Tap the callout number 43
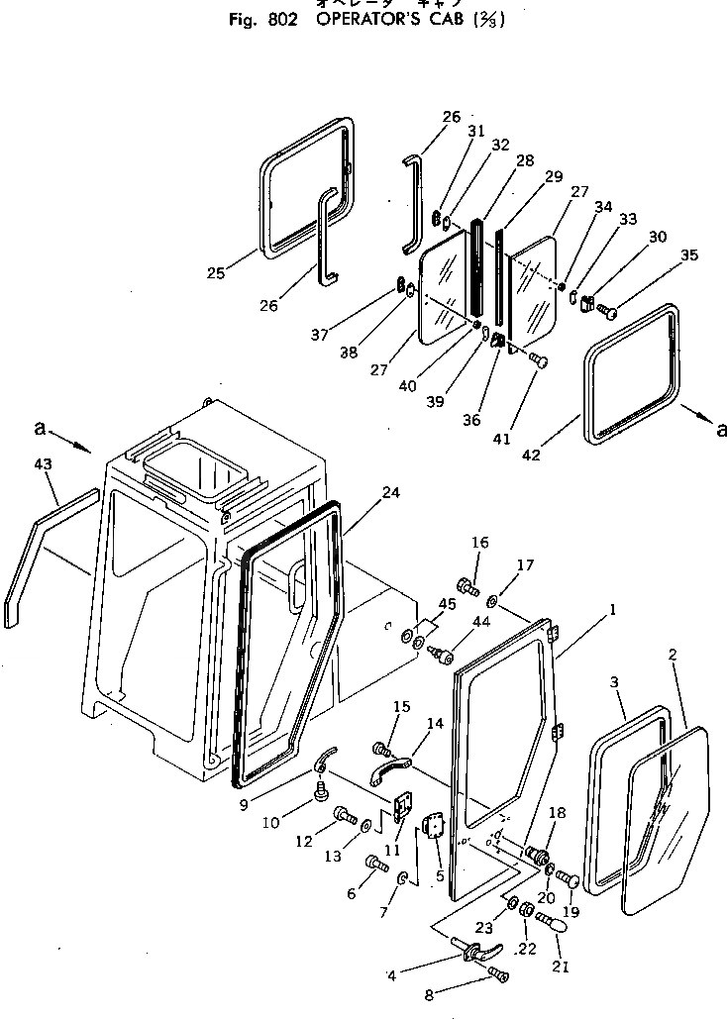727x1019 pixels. pos(42,463)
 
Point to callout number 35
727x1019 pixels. pos(688,255)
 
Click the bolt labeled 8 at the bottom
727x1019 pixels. pos(498,977)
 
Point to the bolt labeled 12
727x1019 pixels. pos(346,815)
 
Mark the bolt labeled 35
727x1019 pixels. pos(608,313)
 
